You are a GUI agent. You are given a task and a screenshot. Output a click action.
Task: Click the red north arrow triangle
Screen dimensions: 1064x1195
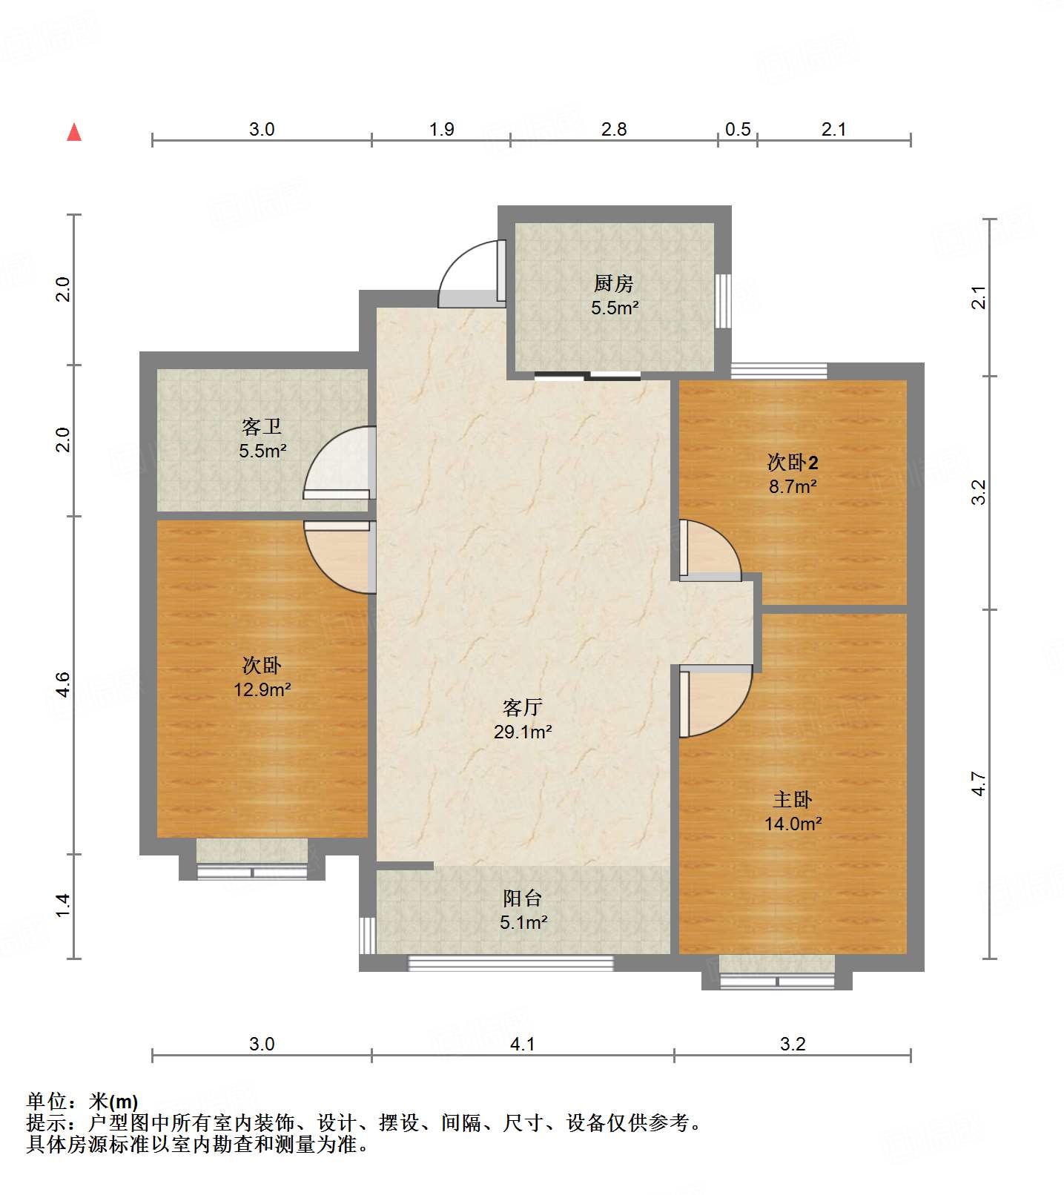click(74, 132)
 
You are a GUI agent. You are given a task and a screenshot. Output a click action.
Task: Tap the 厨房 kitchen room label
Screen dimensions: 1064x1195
click(614, 283)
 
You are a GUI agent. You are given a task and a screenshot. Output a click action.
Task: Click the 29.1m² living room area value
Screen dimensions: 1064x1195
click(523, 732)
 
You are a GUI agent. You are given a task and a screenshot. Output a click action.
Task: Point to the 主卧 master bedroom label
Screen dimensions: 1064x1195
click(793, 799)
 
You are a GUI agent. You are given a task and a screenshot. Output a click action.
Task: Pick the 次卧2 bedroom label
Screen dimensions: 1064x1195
click(793, 463)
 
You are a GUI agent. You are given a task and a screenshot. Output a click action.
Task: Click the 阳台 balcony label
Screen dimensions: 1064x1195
click(523, 898)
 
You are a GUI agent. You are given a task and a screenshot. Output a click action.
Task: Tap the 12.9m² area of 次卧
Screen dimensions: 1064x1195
click(262, 689)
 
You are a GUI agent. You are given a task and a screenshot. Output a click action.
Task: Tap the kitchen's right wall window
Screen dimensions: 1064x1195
click(723, 301)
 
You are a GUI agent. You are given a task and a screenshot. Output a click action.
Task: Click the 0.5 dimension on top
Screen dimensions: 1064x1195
click(738, 130)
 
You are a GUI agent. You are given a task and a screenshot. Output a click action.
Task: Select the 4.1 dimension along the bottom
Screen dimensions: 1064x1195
click(523, 1045)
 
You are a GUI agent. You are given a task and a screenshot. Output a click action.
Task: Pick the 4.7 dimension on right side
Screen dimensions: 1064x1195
click(979, 784)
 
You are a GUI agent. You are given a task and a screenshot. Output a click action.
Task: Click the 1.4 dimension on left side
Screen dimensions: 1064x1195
click(63, 905)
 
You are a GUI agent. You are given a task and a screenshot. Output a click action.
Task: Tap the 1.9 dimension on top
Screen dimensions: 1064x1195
click(442, 130)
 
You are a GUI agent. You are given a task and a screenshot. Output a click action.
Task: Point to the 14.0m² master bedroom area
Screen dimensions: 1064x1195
click(793, 824)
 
